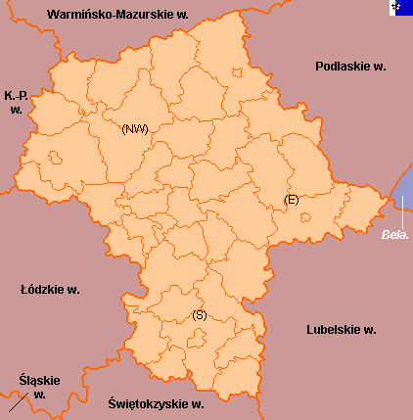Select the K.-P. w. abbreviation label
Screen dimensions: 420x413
pos(16,102)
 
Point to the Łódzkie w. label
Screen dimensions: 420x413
pos(50,290)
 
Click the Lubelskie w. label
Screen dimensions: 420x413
pos(341,329)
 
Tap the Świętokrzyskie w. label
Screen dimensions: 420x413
pos(157,403)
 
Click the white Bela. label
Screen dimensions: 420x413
pos(394,235)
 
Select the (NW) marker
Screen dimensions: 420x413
pos(135,129)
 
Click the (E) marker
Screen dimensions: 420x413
pos(291,200)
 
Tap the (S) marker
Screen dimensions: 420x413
pos(200,314)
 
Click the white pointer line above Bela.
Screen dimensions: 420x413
pos(401,210)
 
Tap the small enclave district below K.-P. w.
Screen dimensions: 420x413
pos(55,157)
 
